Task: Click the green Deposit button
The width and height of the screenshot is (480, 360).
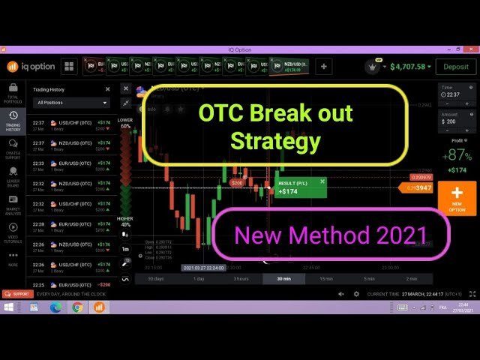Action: click(454, 67)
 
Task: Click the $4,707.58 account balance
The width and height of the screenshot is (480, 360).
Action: click(406, 67)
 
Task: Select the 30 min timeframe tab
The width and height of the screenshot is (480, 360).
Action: click(283, 278)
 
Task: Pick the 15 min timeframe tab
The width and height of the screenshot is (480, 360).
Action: click(326, 278)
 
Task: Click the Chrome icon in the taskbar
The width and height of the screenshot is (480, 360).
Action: click(77, 307)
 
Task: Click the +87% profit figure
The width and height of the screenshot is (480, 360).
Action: click(456, 155)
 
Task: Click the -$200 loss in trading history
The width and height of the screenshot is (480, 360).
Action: click(103, 285)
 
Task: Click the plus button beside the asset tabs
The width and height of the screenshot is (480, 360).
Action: click(324, 67)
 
